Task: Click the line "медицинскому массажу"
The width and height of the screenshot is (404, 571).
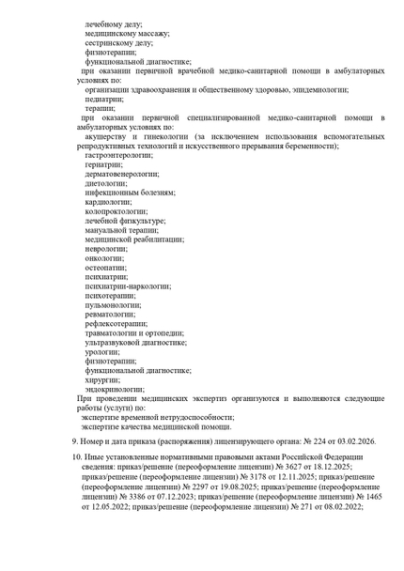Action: click(x=127, y=33)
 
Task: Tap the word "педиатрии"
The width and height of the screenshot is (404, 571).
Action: click(x=103, y=99)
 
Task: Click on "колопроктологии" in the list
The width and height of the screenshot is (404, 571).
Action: click(x=117, y=211)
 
